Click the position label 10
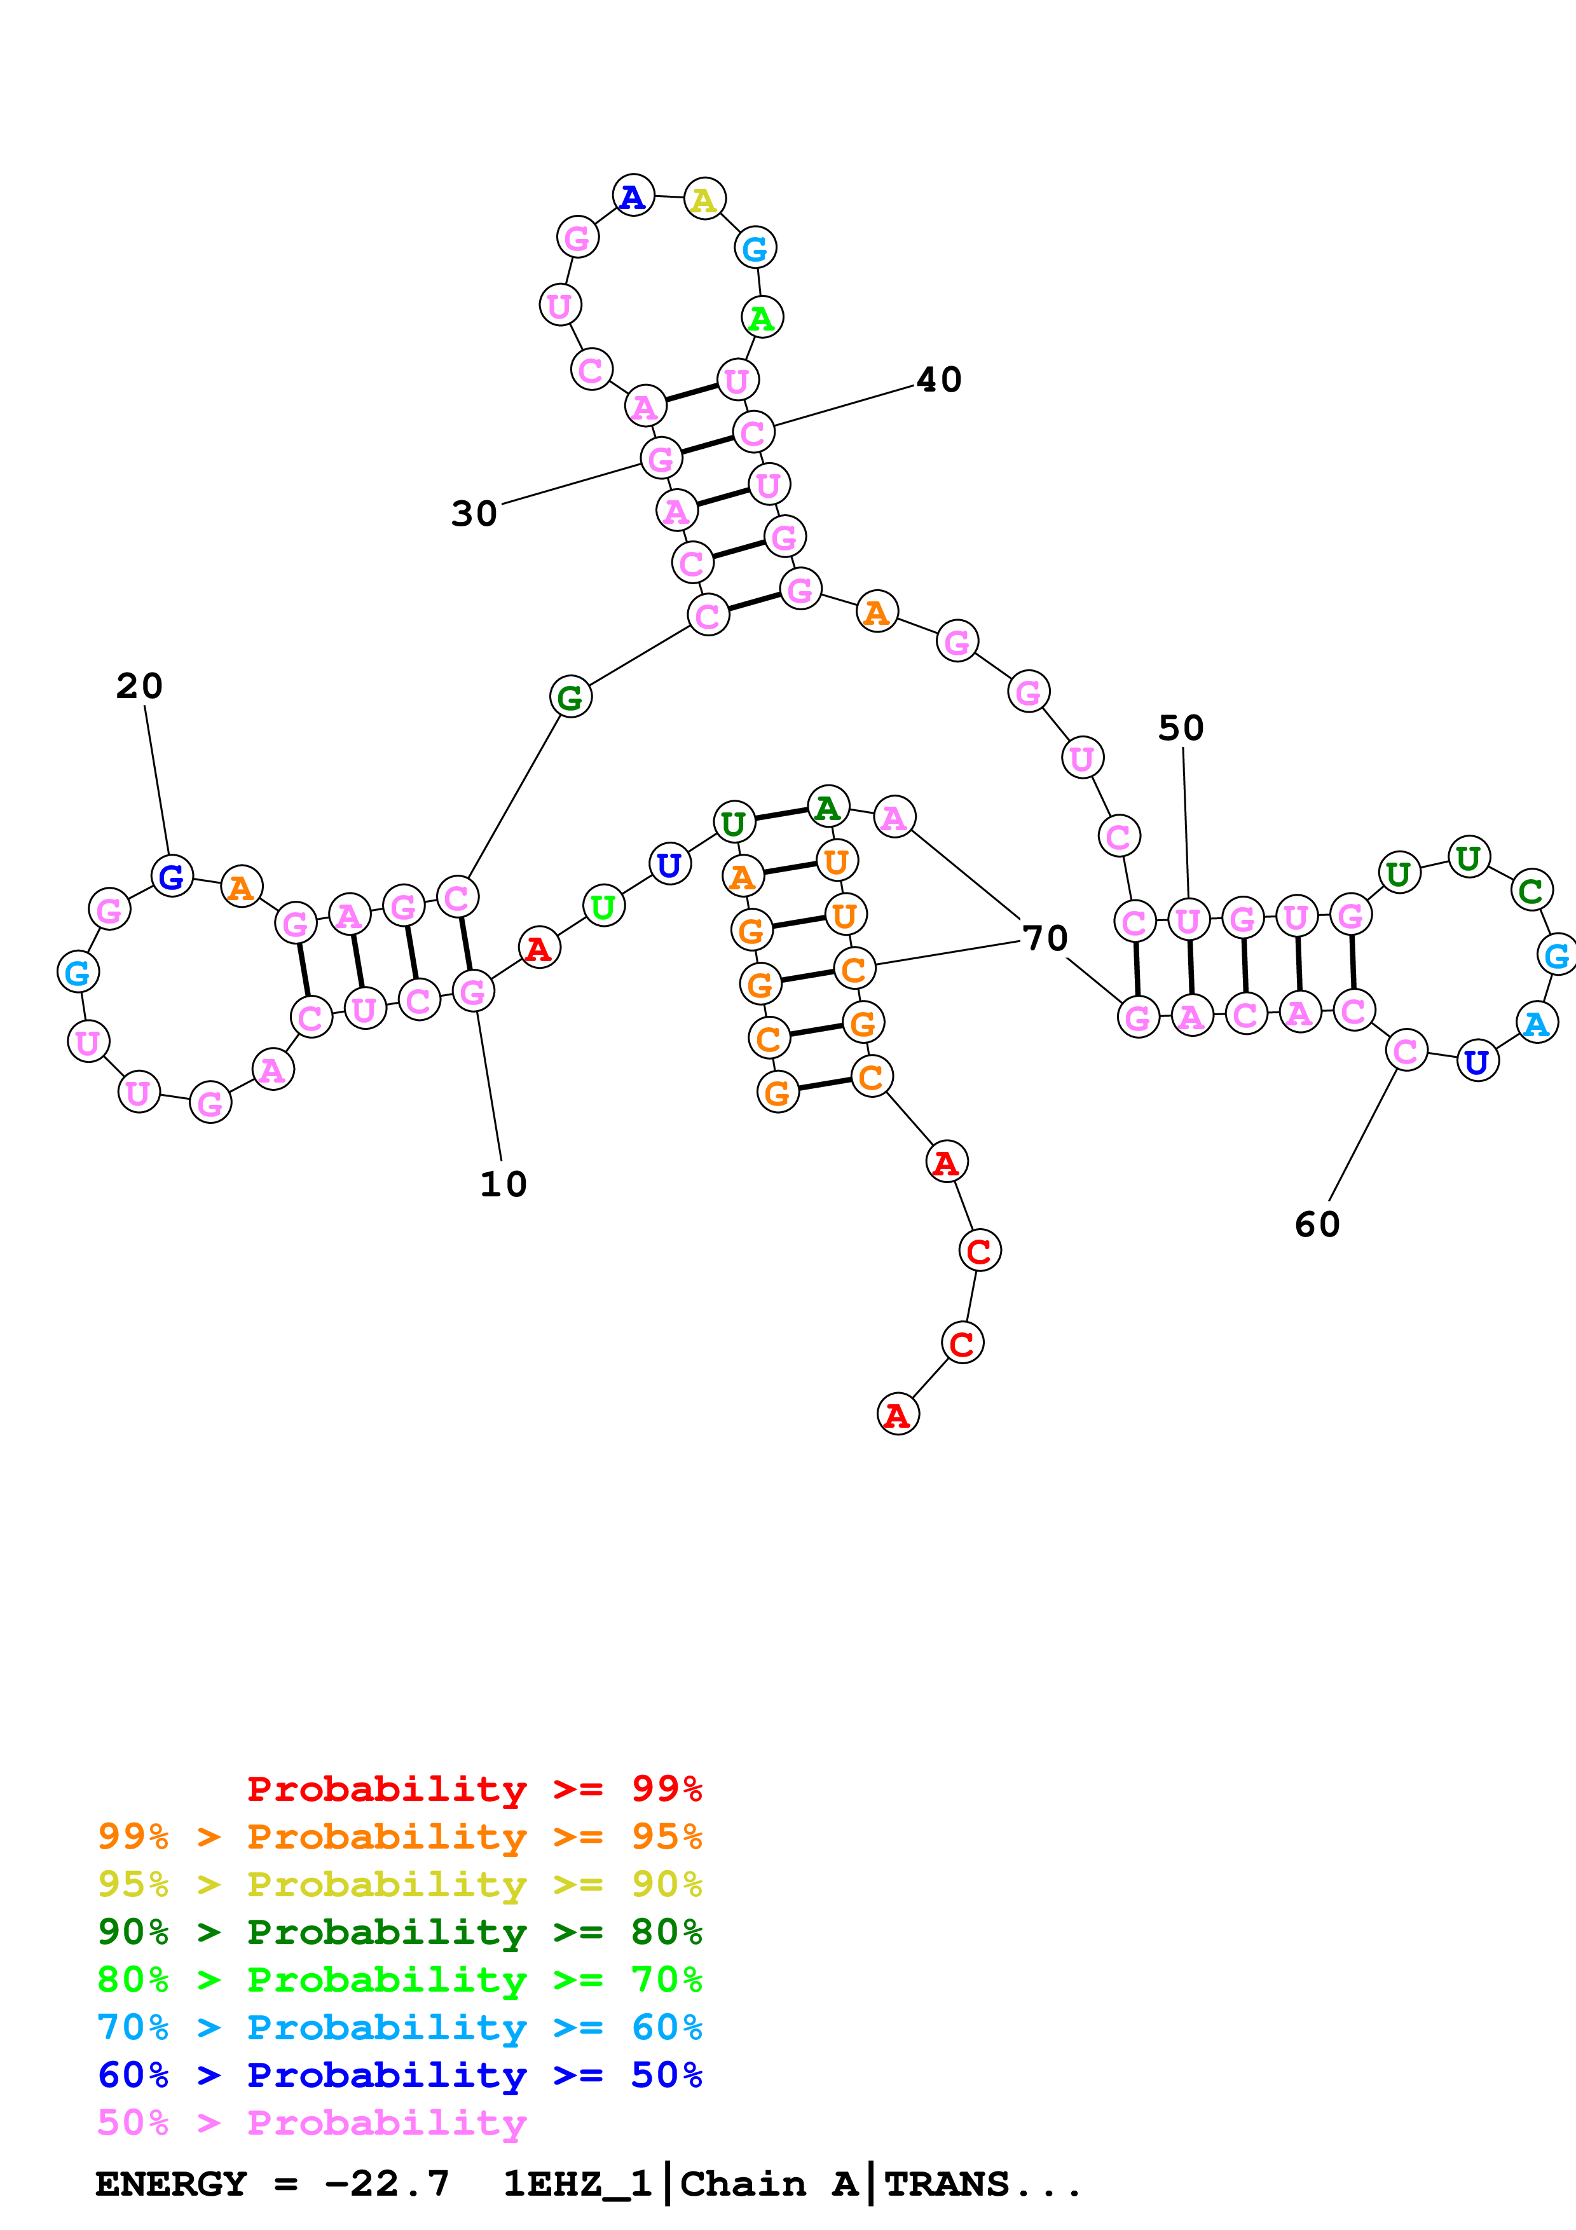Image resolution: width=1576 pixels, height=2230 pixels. (x=503, y=1184)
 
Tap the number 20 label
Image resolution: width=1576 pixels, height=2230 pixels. (x=139, y=686)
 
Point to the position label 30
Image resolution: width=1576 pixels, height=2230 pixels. (x=474, y=514)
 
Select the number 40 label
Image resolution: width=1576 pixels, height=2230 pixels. (x=939, y=380)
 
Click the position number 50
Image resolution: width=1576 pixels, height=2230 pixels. (x=1181, y=729)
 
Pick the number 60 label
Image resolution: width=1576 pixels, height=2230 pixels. (x=1317, y=1225)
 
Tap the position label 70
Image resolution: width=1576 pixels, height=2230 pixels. (x=1045, y=938)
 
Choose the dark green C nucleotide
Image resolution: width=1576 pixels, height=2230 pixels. (x=1530, y=890)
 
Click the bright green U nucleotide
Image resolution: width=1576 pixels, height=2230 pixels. (x=603, y=906)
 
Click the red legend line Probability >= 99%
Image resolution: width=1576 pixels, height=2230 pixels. (x=474, y=1788)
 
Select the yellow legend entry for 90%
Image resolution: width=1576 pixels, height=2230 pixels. (x=399, y=1884)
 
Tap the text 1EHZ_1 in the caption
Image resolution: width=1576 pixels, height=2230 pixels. (x=577, y=2184)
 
